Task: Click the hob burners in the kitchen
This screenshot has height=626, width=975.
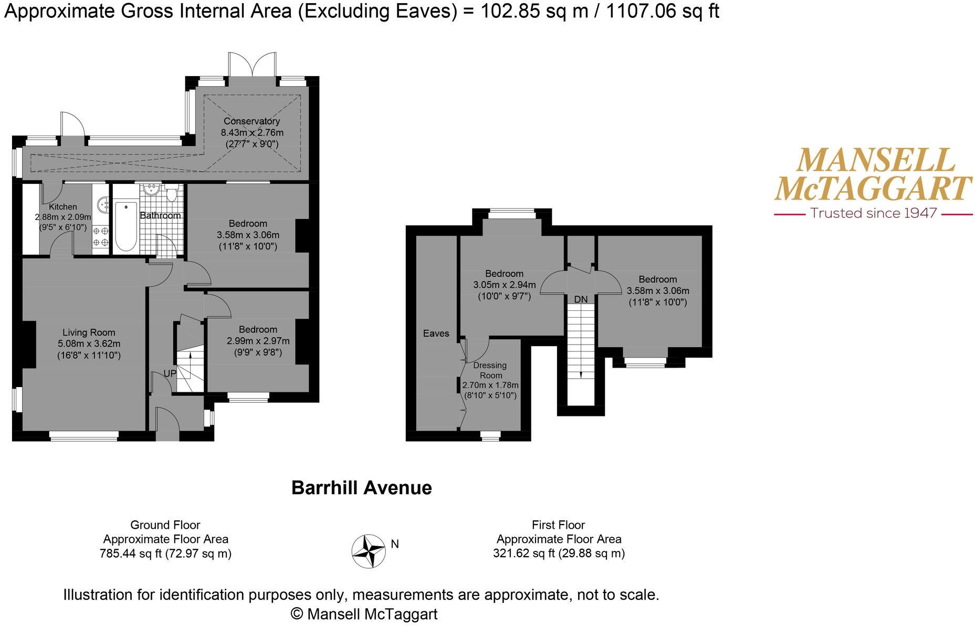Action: (101, 236)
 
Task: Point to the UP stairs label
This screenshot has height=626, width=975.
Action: (170, 373)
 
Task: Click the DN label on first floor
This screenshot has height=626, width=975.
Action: (581, 299)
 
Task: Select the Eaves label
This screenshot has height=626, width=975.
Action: (436, 333)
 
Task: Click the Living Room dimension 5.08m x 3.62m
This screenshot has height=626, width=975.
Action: (89, 344)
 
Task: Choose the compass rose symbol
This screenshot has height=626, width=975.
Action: (369, 551)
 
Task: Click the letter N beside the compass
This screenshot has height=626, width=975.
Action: (395, 544)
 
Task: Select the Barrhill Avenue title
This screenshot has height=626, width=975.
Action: (361, 488)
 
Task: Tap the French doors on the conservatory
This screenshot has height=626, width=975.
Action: (253, 66)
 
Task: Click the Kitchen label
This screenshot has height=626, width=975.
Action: (62, 207)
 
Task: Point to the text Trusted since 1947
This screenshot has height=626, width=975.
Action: (873, 213)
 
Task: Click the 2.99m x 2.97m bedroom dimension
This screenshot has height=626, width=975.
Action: (258, 341)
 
